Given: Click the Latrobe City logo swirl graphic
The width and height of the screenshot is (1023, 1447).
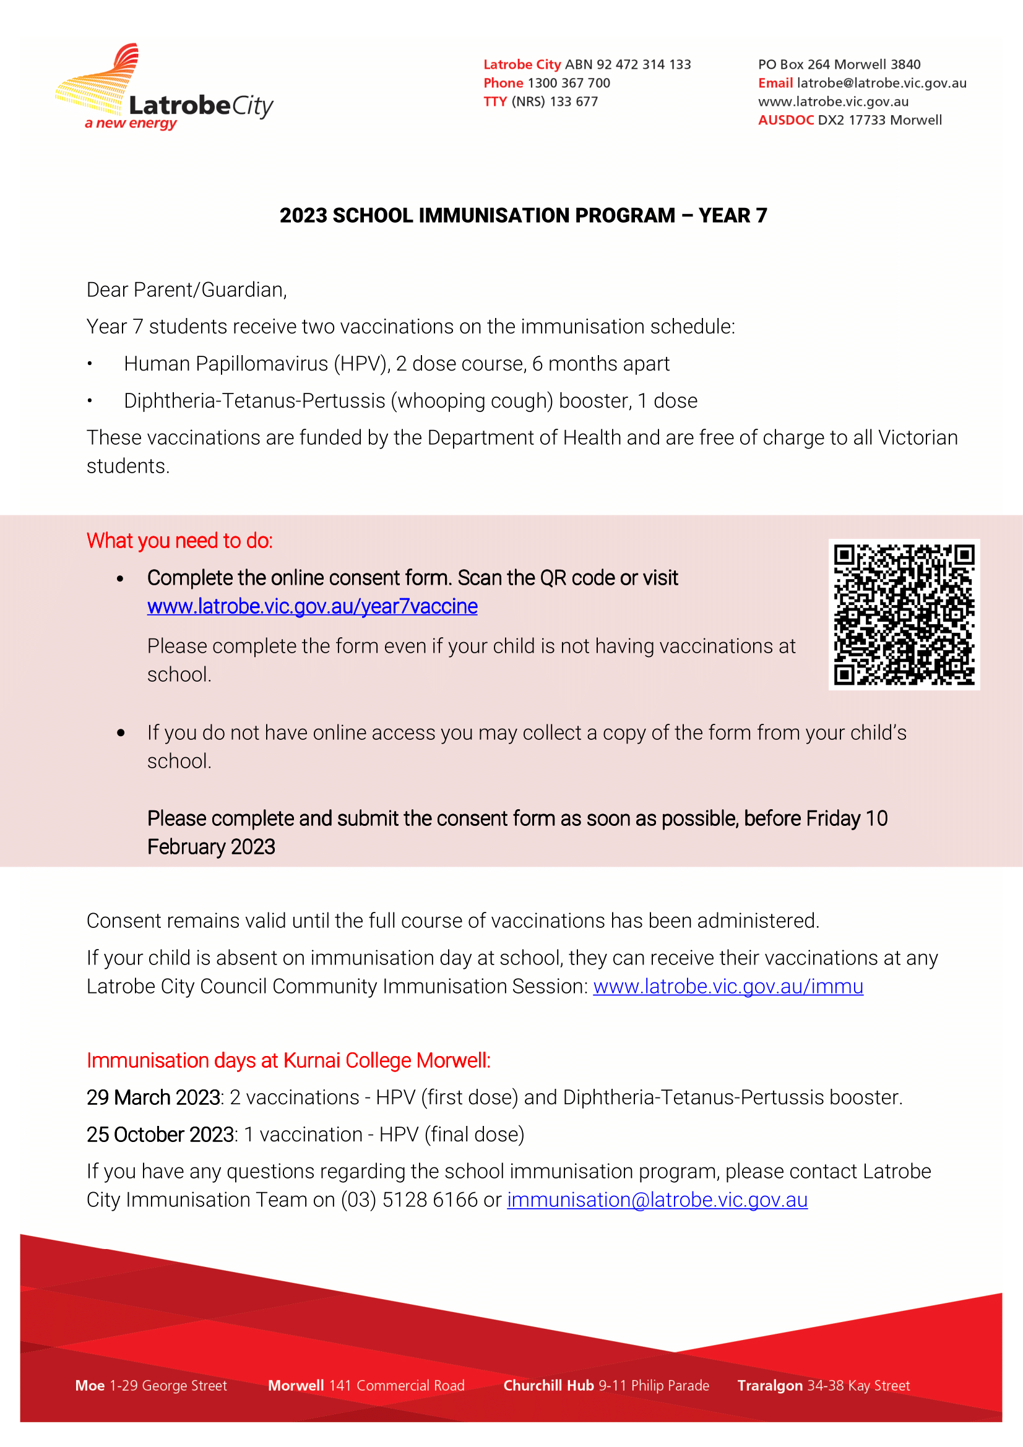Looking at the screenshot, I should tap(101, 82).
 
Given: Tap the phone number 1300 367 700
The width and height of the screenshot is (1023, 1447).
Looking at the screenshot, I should tap(569, 83).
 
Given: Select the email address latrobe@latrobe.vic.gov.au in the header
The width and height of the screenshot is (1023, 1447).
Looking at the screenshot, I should tap(881, 83).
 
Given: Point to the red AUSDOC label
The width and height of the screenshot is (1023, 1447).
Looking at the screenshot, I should tap(785, 121).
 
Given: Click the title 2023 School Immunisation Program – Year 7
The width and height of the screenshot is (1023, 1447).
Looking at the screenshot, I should tap(523, 216).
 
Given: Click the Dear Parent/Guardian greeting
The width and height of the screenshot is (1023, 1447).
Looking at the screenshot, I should tap(186, 290).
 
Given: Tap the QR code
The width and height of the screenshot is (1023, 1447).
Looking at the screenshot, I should tap(904, 614).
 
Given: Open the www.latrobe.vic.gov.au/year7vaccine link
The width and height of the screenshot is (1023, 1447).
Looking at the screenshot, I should tap(312, 606).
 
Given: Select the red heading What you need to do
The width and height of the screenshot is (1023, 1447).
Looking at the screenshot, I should tap(179, 541).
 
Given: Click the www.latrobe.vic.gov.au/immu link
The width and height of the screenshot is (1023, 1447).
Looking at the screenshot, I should tap(728, 986).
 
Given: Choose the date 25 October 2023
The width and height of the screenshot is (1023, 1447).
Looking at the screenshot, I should tap(161, 1135).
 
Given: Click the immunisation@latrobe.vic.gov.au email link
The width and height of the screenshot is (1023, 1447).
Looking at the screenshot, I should tap(657, 1200).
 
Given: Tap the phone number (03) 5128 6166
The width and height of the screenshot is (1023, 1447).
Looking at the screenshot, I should tap(409, 1200).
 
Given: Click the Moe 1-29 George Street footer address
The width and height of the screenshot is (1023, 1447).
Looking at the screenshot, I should tap(150, 1385).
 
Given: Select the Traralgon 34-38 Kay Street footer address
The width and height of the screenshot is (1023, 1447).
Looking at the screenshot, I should tap(823, 1385).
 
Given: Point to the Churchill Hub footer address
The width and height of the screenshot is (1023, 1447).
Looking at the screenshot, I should tap(606, 1385).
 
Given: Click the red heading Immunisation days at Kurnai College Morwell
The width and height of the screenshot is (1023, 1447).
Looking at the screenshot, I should tap(288, 1061).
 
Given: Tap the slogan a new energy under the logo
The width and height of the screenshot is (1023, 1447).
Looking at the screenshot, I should tap(131, 124).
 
